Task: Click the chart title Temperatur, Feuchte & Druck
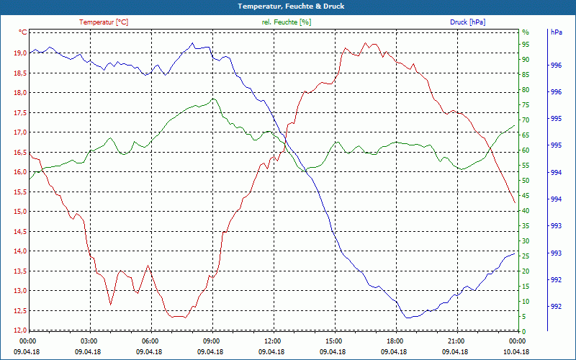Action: point(288,6)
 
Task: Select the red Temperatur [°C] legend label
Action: point(104,22)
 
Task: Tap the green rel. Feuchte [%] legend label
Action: point(287,22)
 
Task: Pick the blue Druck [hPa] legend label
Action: point(467,22)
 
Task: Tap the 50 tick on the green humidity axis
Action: point(525,181)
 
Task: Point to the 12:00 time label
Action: point(271,341)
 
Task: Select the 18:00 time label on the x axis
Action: point(394,341)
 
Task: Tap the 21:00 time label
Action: point(455,341)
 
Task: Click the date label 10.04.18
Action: point(516,352)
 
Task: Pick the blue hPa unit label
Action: point(556,32)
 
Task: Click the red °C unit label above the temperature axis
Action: point(23,32)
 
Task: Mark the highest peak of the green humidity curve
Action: point(213,99)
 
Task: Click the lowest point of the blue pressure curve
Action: point(408,318)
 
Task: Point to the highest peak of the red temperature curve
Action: point(366,43)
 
